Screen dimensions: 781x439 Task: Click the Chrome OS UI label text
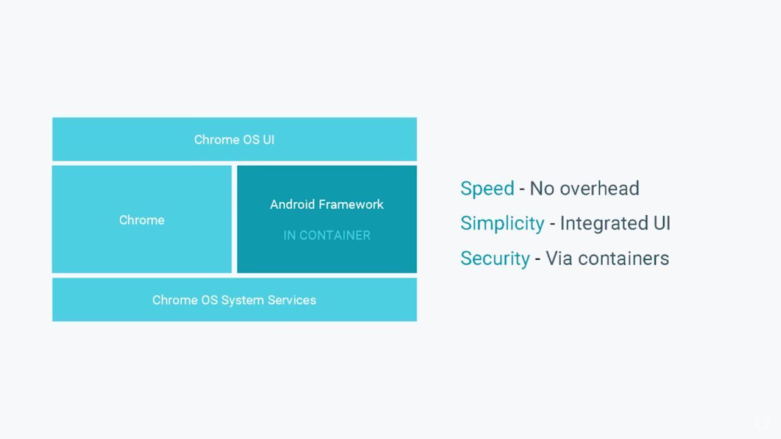coord(234,140)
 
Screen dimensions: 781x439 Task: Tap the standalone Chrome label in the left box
coord(142,220)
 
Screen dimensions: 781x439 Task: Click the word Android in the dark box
coord(292,204)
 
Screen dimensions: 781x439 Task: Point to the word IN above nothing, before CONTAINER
coord(289,235)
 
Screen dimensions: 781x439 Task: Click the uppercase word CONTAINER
coord(335,235)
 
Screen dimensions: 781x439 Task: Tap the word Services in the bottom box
coord(292,300)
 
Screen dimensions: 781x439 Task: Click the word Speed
coord(487,189)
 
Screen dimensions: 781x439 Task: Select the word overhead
coord(599,188)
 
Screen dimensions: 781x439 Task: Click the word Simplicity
coord(502,223)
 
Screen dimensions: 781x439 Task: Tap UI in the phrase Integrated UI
coord(662,223)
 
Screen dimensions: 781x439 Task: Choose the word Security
coord(495,259)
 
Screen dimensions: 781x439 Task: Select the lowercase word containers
coord(624,259)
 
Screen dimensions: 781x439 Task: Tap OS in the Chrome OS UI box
coord(251,140)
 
